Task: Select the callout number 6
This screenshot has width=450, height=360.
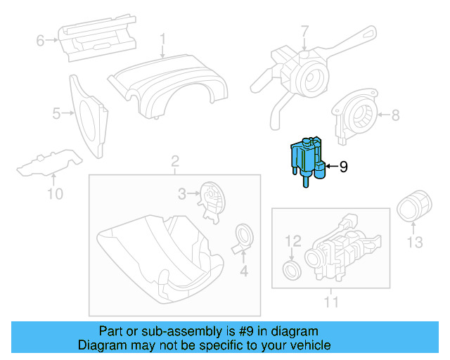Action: click(40, 41)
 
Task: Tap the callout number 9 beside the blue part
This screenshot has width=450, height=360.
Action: click(343, 167)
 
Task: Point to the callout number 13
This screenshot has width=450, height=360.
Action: click(415, 243)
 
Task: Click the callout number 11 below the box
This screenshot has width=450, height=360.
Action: click(331, 302)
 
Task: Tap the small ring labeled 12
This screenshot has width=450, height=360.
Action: click(291, 270)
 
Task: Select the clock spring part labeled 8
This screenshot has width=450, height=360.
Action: click(359, 115)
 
